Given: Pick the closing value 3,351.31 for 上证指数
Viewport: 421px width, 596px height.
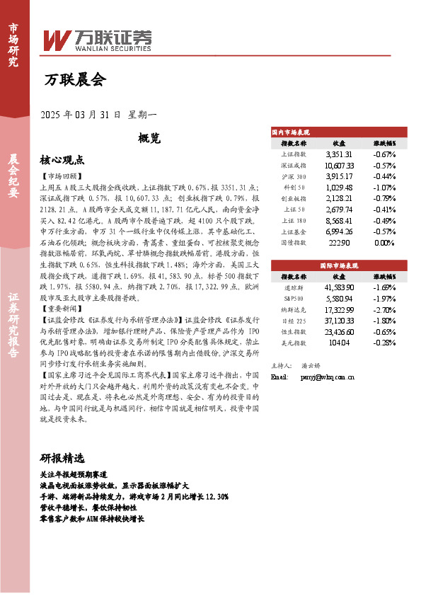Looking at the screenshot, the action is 339,154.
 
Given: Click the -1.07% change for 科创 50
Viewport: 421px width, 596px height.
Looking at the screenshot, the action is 384,187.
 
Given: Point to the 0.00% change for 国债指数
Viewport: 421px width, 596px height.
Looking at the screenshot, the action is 384,242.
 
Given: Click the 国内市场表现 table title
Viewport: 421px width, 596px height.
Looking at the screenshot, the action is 291,132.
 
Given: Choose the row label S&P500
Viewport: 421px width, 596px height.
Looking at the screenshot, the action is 293,299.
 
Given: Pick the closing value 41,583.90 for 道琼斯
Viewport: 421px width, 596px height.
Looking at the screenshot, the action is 339,288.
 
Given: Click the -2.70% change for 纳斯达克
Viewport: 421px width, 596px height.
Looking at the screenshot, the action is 384,310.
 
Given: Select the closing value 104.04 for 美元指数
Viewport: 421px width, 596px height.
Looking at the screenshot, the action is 339,343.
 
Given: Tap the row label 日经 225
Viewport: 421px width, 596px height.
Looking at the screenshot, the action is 293,321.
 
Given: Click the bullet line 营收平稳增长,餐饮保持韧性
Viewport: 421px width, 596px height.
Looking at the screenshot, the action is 88,508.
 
